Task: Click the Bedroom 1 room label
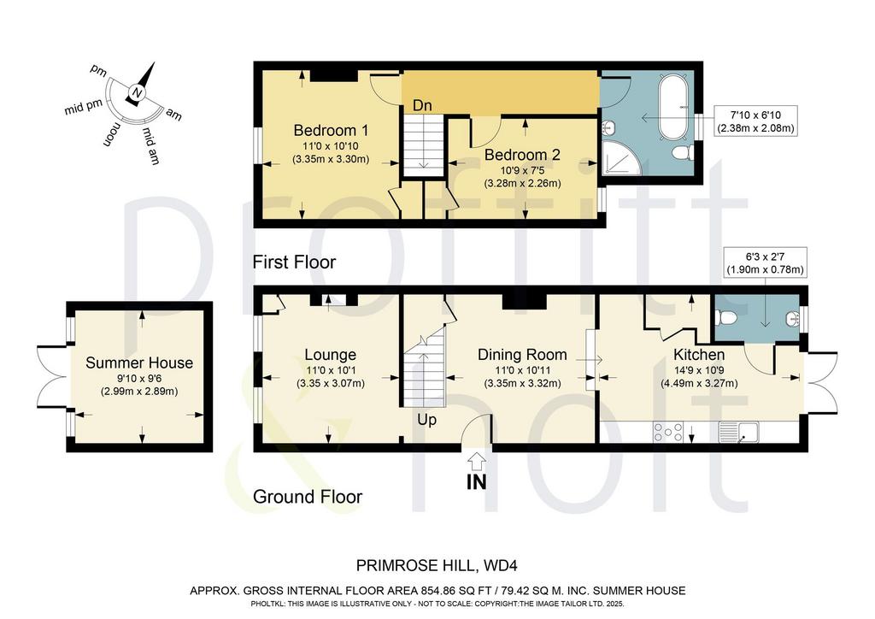(331, 131)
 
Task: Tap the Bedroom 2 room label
(522, 155)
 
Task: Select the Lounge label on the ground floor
(331, 355)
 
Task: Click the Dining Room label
(522, 355)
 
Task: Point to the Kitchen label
(699, 355)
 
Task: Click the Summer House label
(139, 363)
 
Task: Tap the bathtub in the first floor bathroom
(677, 106)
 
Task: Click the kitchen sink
(739, 433)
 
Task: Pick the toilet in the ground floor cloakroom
(726, 318)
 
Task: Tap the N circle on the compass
(138, 92)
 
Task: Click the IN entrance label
(476, 481)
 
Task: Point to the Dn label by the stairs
(422, 105)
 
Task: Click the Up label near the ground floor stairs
(426, 420)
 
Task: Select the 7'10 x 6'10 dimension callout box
(755, 121)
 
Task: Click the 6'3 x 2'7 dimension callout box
(765, 262)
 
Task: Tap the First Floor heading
(294, 262)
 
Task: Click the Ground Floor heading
(308, 497)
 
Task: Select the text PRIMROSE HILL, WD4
(437, 566)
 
